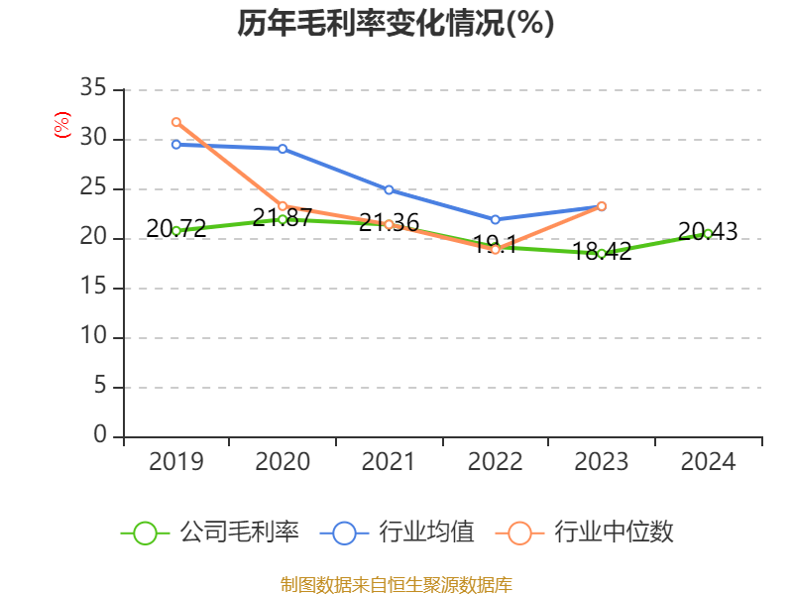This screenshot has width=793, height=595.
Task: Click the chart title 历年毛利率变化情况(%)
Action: pos(396,24)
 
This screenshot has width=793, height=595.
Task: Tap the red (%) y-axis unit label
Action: pos(61,126)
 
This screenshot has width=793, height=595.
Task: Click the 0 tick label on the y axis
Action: pos(99,436)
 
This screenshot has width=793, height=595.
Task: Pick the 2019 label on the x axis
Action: pos(176,462)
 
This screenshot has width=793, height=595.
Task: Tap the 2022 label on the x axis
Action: pos(495,462)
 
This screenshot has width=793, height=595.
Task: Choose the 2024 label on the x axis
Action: pos(708,462)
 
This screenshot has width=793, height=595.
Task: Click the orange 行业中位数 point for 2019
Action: pos(176,122)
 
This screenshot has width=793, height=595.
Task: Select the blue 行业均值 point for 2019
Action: pos(176,145)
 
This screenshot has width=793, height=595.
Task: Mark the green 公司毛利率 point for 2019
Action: pos(176,231)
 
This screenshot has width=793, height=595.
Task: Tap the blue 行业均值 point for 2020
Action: pos(283,149)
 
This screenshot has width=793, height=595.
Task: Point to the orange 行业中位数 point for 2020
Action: pos(283,206)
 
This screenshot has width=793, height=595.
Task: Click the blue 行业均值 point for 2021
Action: pos(389,189)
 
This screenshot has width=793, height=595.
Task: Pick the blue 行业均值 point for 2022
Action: pos(495,219)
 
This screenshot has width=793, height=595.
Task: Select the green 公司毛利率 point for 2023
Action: pos(602,254)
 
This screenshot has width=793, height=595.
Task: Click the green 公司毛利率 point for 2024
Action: pos(708,233)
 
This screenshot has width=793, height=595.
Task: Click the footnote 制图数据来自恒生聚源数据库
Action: pos(396,584)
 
